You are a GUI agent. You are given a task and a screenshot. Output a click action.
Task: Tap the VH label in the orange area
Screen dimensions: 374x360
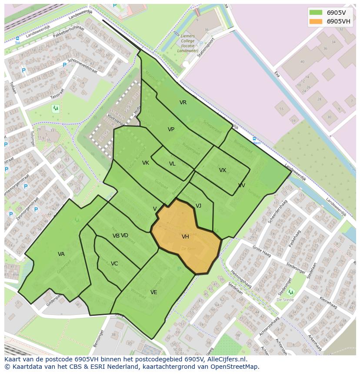tap(185, 237)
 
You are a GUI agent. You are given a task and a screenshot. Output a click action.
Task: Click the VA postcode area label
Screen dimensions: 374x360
tap(61, 254)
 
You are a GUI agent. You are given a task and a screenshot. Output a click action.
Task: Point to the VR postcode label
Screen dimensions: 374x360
tap(183, 103)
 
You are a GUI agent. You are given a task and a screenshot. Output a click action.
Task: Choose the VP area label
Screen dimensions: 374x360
tap(171, 129)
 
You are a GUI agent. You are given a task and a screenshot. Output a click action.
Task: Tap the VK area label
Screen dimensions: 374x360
tap(146, 163)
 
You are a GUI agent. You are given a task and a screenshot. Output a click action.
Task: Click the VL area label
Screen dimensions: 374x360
tap(172, 164)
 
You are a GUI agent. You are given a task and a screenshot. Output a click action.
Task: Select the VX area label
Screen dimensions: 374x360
tap(223, 170)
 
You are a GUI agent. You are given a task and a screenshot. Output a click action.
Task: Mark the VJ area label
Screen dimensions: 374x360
tap(198, 206)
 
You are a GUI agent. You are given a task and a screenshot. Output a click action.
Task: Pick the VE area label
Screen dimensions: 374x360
tap(153, 292)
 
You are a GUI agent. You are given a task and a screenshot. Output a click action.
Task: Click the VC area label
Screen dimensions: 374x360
tap(114, 264)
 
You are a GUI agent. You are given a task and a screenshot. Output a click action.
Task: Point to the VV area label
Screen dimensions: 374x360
tap(242, 185)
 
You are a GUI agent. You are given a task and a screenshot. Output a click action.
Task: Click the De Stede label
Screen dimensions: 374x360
tap(285, 300)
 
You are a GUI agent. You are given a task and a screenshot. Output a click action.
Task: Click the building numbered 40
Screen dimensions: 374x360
tap(302, 61)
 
